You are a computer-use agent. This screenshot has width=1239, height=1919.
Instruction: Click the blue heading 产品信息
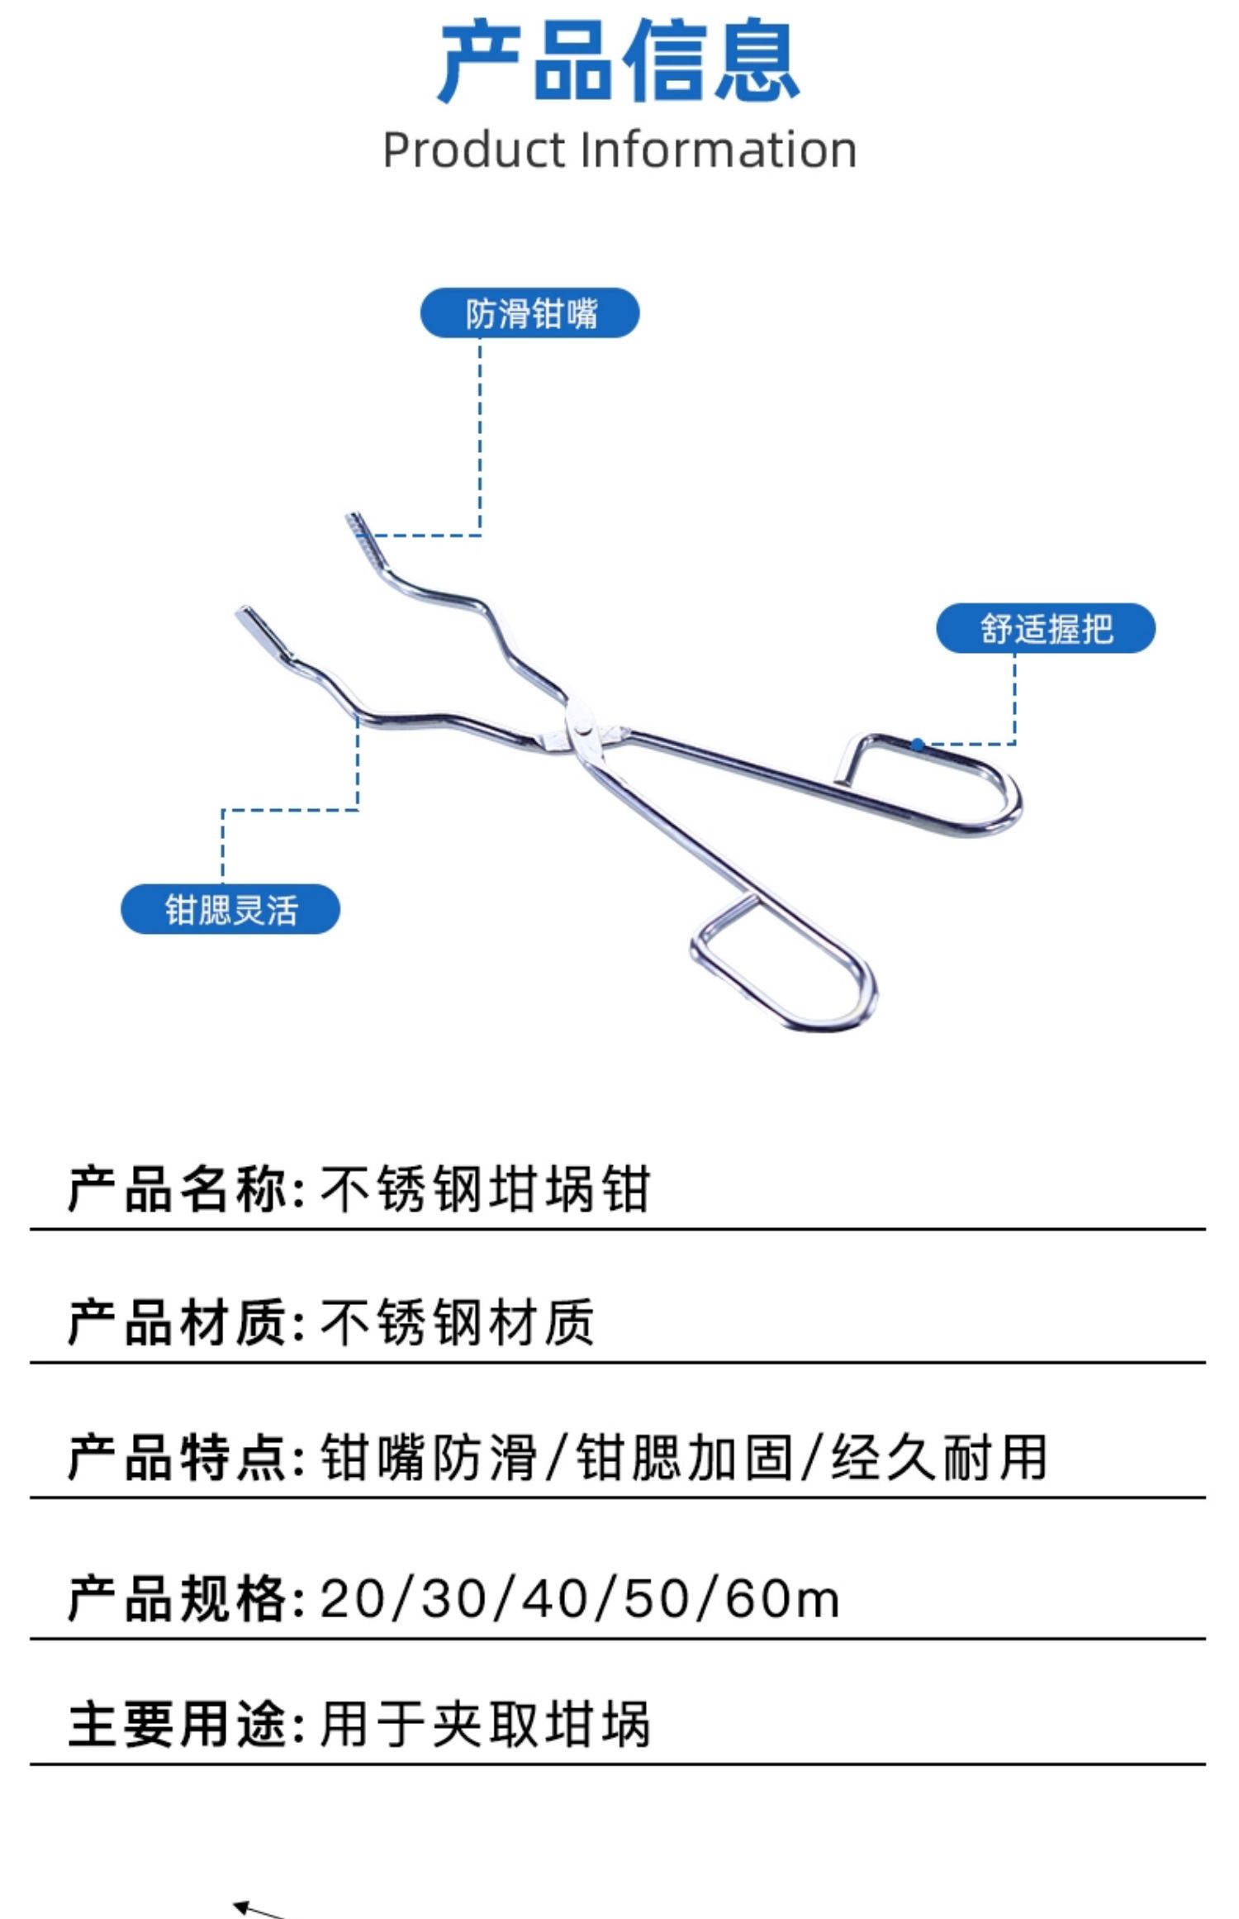pyautogui.click(x=619, y=62)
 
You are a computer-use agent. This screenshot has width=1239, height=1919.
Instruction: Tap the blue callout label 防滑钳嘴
pyautogui.click(x=530, y=313)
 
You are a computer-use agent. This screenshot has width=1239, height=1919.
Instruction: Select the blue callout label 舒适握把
pyautogui.click(x=1046, y=629)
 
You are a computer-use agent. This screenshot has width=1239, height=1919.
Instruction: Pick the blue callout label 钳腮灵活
pyautogui.click(x=230, y=910)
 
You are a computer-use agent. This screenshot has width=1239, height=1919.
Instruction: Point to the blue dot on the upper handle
pyautogui.click(x=918, y=745)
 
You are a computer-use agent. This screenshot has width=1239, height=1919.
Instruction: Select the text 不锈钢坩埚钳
pyautogui.click(x=486, y=1191)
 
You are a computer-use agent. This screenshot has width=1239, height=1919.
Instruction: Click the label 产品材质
pyautogui.click(x=178, y=1323)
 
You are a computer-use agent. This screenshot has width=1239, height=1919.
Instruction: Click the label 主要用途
pyautogui.click(x=178, y=1725)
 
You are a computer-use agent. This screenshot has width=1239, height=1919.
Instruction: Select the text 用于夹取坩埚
pyautogui.click(x=486, y=1725)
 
